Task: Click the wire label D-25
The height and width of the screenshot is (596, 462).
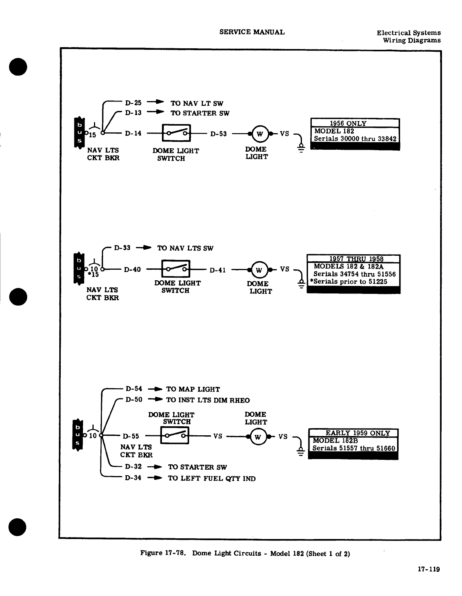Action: (133, 103)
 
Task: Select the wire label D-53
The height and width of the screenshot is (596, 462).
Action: (219, 134)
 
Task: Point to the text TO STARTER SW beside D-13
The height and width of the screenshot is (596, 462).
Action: (200, 113)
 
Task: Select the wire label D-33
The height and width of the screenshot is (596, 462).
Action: (122, 248)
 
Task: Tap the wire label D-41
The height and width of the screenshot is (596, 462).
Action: (217, 270)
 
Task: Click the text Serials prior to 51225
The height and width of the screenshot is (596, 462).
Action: (348, 281)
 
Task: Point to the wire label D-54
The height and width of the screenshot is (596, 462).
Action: (134, 389)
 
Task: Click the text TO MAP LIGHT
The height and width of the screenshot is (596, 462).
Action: (193, 389)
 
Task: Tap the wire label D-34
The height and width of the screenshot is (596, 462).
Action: (133, 478)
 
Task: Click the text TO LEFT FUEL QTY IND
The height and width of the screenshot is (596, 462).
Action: (211, 478)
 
